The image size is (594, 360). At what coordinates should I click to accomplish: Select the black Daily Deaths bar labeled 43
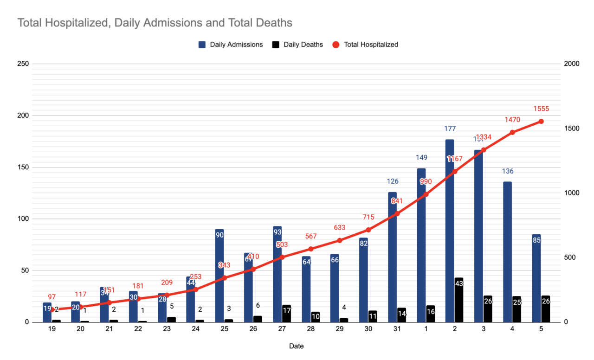[459, 300]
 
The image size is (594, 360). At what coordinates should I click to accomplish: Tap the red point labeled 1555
[541, 122]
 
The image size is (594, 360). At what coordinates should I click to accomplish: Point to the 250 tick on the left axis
[23, 64]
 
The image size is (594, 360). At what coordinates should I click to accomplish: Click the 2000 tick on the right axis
[572, 64]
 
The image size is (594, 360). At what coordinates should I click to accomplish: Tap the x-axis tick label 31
[397, 328]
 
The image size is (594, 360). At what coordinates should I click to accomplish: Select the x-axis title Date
[297, 346]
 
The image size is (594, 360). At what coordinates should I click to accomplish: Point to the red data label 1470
[512, 120]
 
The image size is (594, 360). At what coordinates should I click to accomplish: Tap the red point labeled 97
[52, 309]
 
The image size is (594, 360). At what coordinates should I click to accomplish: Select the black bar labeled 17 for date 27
[286, 314]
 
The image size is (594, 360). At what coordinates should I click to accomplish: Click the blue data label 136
[507, 171]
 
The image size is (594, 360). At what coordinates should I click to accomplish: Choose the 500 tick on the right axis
[570, 257]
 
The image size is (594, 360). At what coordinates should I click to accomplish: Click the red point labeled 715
[368, 230]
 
